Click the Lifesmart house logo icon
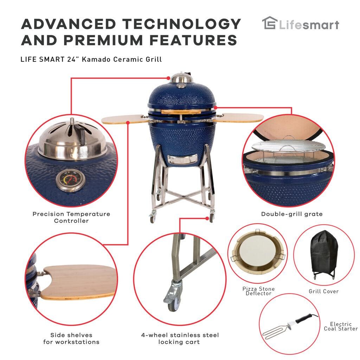click(x=269, y=24)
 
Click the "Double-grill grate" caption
click(x=291, y=214)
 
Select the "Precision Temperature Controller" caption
click(x=71, y=217)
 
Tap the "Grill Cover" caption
click(x=323, y=291)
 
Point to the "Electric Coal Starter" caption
click(x=341, y=326)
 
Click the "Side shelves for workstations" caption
click(x=71, y=338)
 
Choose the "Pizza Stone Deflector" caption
click(x=258, y=291)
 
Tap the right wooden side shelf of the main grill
click(x=239, y=117)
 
